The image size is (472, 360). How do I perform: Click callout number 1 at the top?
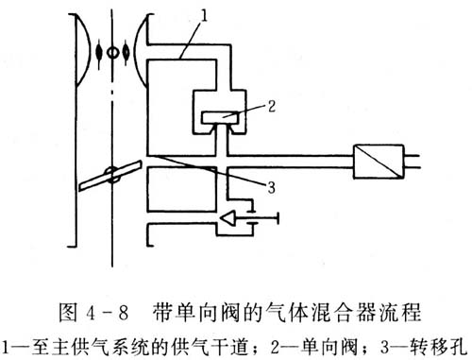[204, 15]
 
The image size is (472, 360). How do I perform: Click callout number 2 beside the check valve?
[272, 107]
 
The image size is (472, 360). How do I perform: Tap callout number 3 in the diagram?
[271, 188]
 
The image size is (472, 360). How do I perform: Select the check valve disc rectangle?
[221, 117]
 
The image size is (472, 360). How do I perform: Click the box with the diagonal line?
[379, 162]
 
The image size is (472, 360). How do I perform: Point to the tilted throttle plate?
[110, 176]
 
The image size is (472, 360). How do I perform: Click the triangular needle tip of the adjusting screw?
[228, 217]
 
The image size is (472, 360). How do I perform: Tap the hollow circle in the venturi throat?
[112, 53]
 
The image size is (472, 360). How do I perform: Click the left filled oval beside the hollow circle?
[99, 52]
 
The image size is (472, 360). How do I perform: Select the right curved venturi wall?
[139, 50]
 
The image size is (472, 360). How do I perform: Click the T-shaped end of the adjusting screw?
[278, 217]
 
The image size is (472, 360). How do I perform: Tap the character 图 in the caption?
[68, 313]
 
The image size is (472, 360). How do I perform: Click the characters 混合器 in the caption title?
[346, 313]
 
